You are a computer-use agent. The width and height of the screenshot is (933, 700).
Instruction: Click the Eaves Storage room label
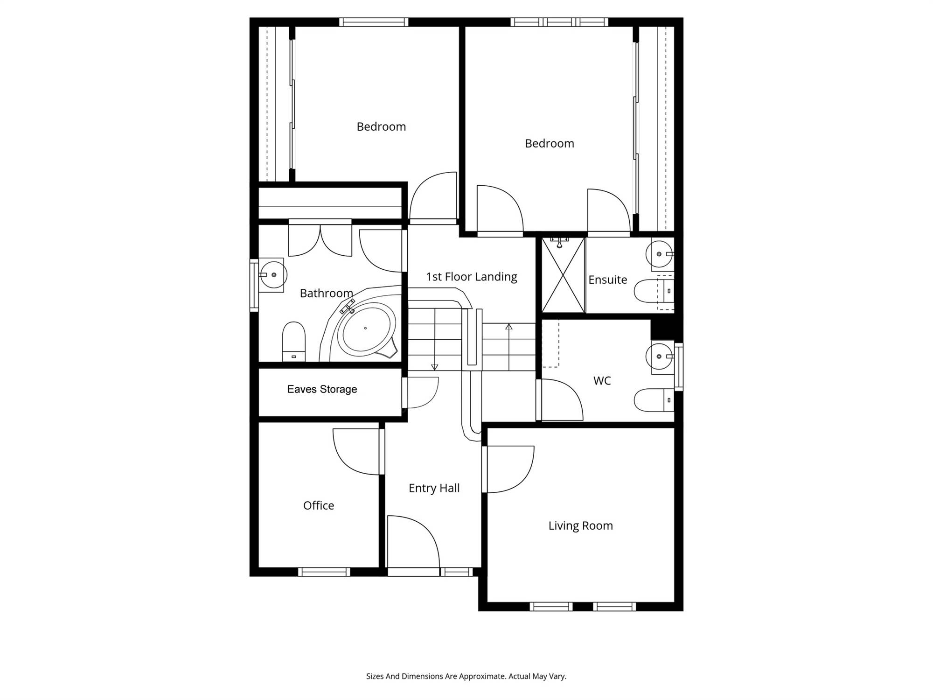click(x=322, y=389)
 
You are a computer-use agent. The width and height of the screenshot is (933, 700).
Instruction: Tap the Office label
click(x=319, y=505)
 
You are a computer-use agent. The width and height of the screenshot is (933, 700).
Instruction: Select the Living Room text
click(x=580, y=526)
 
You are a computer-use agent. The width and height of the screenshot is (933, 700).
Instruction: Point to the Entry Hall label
click(x=434, y=488)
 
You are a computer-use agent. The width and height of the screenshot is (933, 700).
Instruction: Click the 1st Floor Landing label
click(x=471, y=277)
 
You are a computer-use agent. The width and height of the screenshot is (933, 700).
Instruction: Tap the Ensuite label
click(x=607, y=280)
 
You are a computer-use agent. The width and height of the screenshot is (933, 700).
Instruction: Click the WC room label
click(x=602, y=381)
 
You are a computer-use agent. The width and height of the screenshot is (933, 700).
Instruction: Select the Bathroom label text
click(x=326, y=293)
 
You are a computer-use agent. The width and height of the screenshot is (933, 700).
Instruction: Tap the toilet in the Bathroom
click(x=294, y=341)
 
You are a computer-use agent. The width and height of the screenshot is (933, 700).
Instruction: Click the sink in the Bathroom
click(x=272, y=275)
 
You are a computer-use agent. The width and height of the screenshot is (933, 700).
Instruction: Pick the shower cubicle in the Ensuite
click(x=563, y=275)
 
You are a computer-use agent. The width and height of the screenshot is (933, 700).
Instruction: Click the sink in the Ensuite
click(x=660, y=254)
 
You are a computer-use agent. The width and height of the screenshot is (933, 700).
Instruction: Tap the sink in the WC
click(x=660, y=357)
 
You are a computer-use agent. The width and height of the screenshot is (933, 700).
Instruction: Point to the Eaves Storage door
click(x=404, y=393)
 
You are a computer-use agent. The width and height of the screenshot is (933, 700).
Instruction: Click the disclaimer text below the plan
click(x=466, y=676)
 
